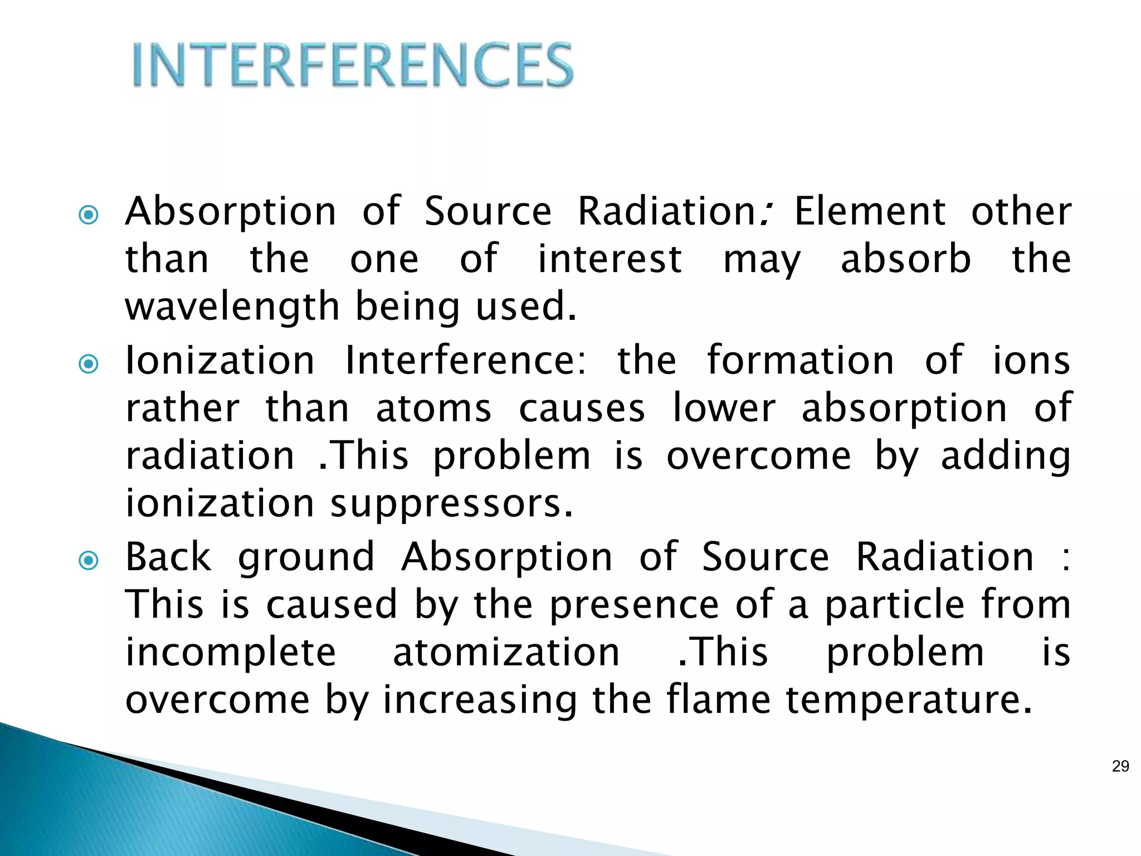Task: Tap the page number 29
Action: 1120,766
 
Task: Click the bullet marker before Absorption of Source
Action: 89,215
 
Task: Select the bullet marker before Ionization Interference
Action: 89,364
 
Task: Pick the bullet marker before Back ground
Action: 89,560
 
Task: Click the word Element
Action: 870,212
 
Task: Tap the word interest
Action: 609,259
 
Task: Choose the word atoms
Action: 433,408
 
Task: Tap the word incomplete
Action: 231,653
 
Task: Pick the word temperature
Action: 908,701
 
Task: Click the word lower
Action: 724,408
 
